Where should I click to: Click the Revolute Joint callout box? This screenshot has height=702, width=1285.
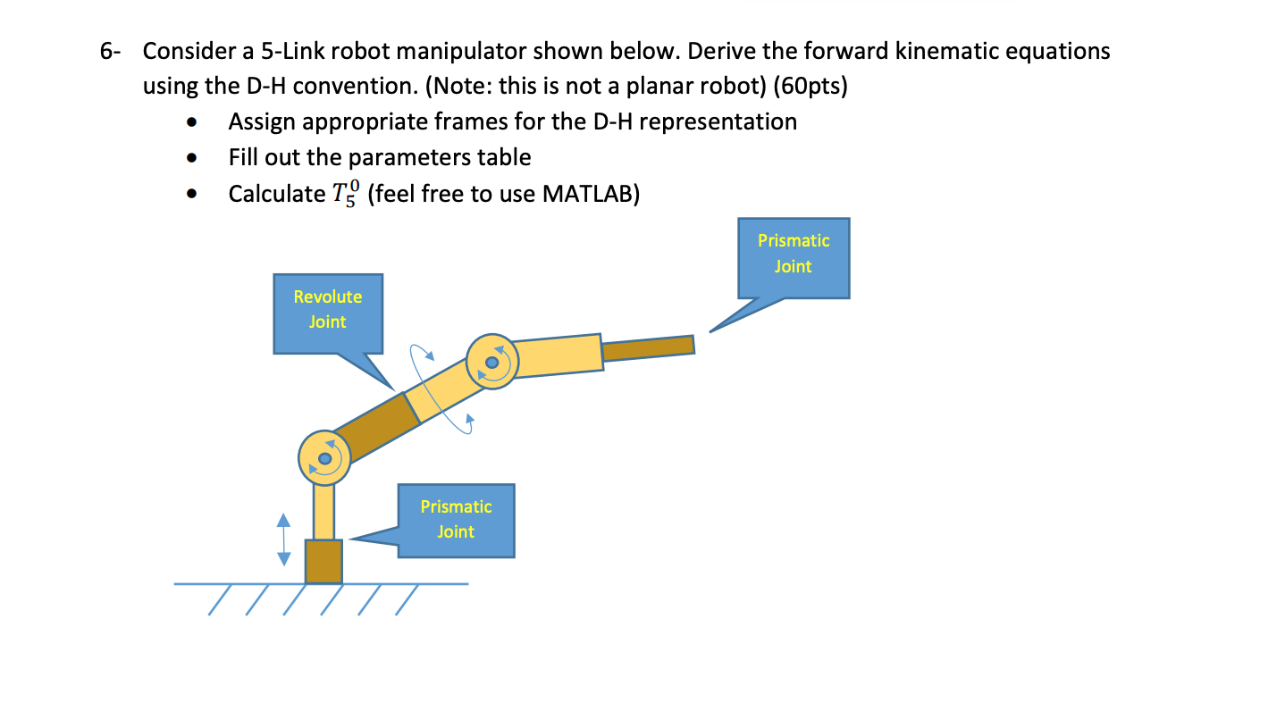(328, 310)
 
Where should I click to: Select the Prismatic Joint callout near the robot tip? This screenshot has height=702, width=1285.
(793, 255)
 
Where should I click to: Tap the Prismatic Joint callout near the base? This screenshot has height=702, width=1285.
(456, 520)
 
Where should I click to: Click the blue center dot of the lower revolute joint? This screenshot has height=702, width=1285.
(325, 458)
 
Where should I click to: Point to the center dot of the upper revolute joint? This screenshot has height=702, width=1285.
(491, 362)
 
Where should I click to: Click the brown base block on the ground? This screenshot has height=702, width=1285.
(323, 561)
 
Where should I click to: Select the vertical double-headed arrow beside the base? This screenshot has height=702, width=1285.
(283, 539)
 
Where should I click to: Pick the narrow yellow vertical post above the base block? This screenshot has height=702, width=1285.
(323, 511)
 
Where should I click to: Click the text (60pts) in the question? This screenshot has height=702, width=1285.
(810, 87)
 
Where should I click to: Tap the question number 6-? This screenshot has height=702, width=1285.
(110, 52)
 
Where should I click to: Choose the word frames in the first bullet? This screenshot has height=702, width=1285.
(513, 121)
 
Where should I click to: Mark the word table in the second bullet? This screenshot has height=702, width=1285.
(506, 158)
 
